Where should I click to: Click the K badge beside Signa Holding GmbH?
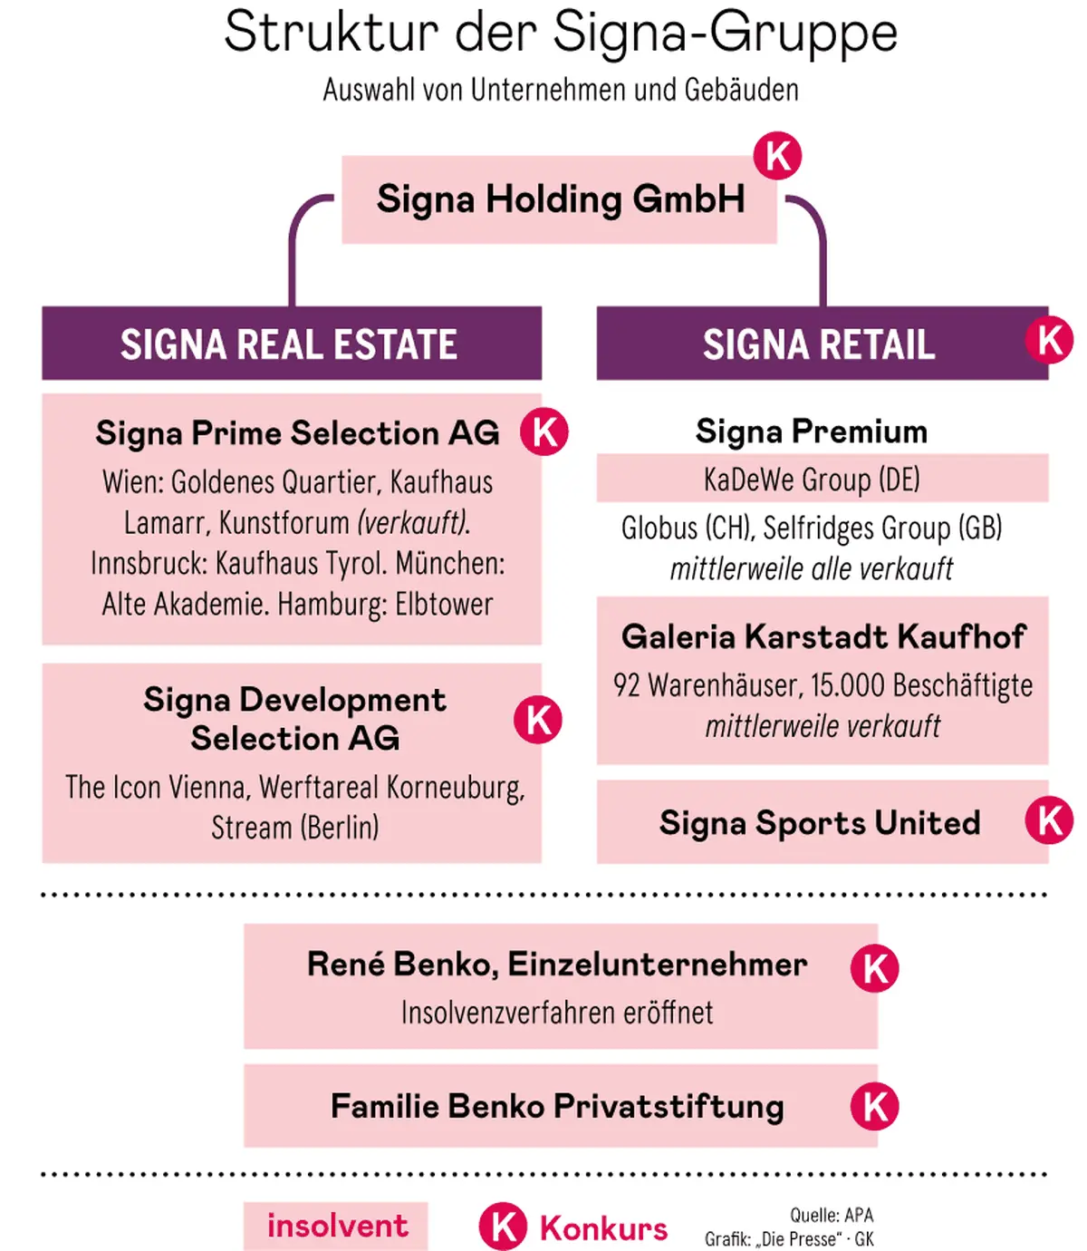(x=777, y=155)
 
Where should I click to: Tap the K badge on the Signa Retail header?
(x=1049, y=340)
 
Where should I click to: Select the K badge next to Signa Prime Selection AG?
(x=544, y=432)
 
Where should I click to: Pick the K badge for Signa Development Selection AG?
(x=538, y=720)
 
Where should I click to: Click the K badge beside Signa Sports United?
(x=1049, y=820)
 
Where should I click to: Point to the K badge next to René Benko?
(x=874, y=968)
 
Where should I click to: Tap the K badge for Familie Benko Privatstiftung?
(x=874, y=1107)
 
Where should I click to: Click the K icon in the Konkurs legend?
(x=503, y=1227)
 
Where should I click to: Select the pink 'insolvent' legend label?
(x=336, y=1226)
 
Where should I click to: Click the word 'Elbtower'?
(x=444, y=605)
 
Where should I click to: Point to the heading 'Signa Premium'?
(x=812, y=432)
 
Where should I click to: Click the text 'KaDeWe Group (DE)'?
(x=812, y=479)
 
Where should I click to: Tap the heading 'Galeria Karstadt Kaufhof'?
(x=822, y=636)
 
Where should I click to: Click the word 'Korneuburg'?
(x=455, y=787)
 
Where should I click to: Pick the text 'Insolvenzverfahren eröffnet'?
(x=557, y=1013)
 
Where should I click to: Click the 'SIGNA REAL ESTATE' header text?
(x=289, y=344)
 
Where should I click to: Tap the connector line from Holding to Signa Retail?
(x=821, y=245)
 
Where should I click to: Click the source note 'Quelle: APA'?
(x=832, y=1216)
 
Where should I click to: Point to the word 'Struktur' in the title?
(x=331, y=33)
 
